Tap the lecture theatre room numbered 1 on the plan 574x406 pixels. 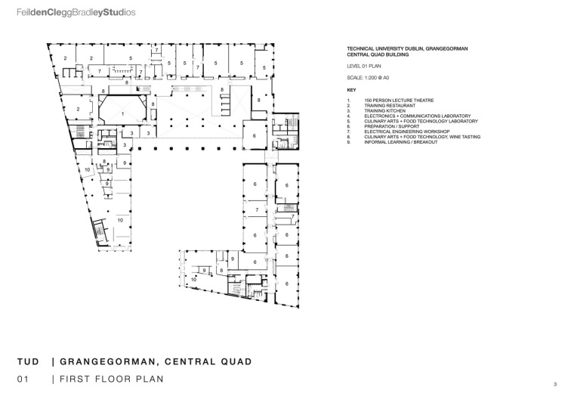pos(122,113)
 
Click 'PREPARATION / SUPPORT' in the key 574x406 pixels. pos(390,126)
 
